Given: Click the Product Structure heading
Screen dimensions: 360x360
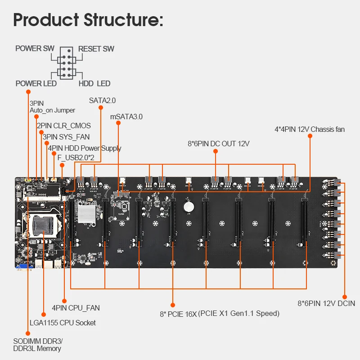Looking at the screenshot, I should pyautogui.click(x=88, y=20).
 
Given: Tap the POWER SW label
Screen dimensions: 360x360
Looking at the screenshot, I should pyautogui.click(x=35, y=49).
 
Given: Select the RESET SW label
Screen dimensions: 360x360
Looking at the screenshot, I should pyautogui.click(x=96, y=49).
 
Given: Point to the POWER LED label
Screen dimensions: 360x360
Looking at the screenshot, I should pyautogui.click(x=36, y=83).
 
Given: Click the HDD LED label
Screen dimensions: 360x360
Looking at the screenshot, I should pyautogui.click(x=94, y=83).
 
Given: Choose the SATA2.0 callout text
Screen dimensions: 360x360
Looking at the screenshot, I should pyautogui.click(x=102, y=100).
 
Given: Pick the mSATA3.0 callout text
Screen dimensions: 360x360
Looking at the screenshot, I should pyautogui.click(x=126, y=117).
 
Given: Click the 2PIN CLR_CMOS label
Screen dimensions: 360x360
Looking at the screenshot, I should pyautogui.click(x=63, y=126).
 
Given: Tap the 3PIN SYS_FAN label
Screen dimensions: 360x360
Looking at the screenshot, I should pyautogui.click(x=66, y=137).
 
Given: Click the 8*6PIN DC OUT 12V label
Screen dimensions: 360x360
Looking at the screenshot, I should pyautogui.click(x=218, y=144).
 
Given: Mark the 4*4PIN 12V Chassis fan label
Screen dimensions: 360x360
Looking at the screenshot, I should pyautogui.click(x=310, y=130).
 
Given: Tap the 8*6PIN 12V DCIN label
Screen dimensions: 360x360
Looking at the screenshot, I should pyautogui.click(x=326, y=303).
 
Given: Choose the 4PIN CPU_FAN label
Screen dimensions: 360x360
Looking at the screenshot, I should pyautogui.click(x=76, y=308).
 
